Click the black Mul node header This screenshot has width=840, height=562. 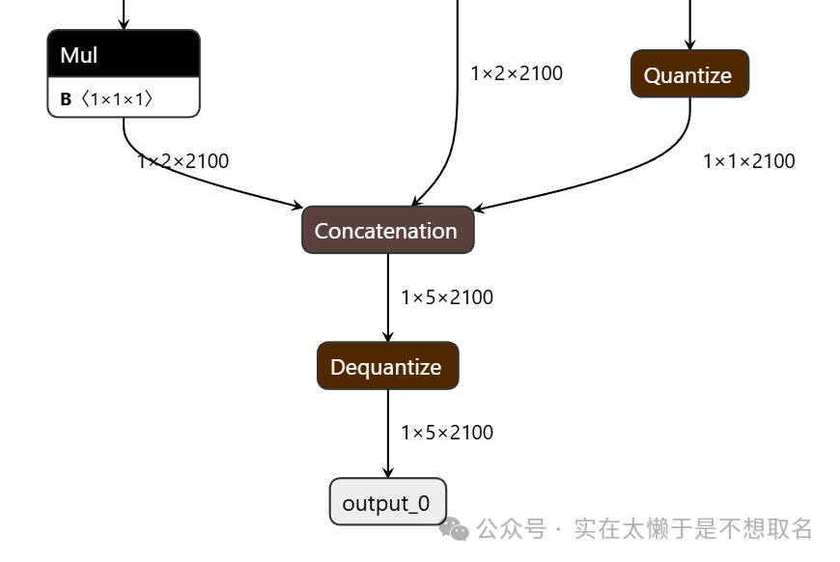click(x=124, y=53)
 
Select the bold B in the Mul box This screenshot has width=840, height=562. click(x=66, y=99)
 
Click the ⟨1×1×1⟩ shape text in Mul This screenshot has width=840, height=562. click(x=117, y=99)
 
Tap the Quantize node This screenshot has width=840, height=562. click(x=690, y=74)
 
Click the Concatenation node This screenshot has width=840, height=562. click(x=388, y=230)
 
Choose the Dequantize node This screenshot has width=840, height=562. click(x=388, y=365)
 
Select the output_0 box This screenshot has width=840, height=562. click(x=388, y=502)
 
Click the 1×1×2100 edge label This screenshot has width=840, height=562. click(x=749, y=161)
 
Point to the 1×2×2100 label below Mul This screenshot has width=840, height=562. click(x=182, y=161)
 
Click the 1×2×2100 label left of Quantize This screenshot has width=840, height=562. click(x=517, y=73)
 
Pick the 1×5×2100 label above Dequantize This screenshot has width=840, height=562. click(x=447, y=297)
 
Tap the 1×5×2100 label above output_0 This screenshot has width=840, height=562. click(x=447, y=433)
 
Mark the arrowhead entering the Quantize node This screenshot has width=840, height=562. click(x=690, y=44)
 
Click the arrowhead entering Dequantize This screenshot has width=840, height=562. click(x=388, y=336)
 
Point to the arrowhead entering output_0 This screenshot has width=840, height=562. click(x=388, y=472)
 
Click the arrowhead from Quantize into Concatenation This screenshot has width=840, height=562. click(x=480, y=208)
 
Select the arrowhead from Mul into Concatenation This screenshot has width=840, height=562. click(x=296, y=205)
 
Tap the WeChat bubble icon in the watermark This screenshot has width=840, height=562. click(x=454, y=529)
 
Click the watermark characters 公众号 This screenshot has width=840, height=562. click(x=511, y=529)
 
